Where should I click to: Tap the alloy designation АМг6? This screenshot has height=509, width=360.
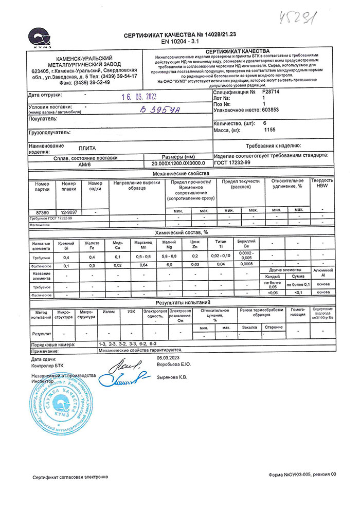85,164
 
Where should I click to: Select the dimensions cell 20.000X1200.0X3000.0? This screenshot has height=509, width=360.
178,164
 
